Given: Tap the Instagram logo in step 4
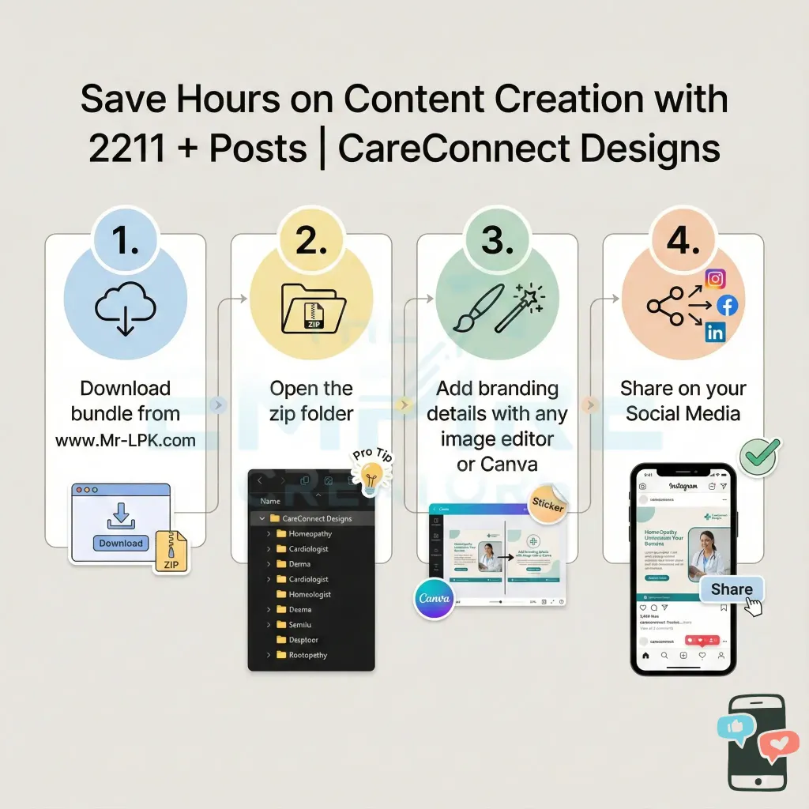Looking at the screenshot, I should coord(715,278).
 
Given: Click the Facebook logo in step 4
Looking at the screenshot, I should coord(726,305).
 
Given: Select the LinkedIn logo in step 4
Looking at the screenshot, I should coord(715,333).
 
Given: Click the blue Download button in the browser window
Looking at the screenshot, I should coord(121,543).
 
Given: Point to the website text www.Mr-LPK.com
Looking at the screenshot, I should coord(126,440).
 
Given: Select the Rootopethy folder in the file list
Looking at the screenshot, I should coord(307,655).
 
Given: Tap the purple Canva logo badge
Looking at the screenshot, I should coord(435,598).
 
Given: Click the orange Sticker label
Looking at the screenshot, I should coord(547,504).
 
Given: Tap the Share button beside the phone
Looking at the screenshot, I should coord(732,589).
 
